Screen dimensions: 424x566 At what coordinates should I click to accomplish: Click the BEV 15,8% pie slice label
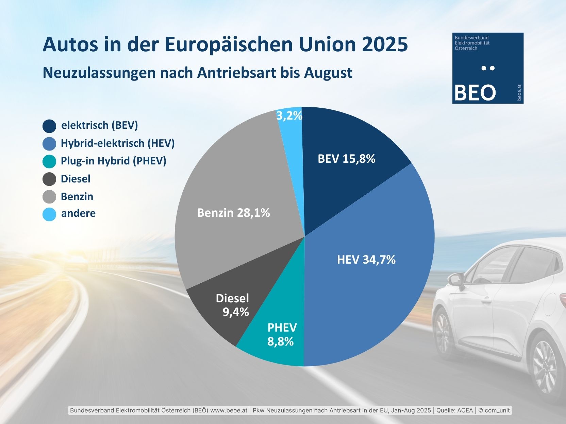[346, 159]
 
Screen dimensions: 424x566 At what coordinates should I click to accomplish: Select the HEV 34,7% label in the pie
[366, 260]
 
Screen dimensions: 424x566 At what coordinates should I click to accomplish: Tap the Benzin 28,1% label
[233, 213]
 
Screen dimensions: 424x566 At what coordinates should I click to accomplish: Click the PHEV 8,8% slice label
[282, 335]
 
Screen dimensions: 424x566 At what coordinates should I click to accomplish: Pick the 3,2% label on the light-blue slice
[289, 116]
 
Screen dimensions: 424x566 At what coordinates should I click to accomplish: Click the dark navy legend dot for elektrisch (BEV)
[49, 126]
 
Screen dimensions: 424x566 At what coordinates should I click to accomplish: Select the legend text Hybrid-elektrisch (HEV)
[117, 143]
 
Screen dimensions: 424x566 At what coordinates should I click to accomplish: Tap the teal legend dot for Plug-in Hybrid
[49, 161]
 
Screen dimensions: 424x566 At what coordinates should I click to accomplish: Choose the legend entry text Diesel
[76, 179]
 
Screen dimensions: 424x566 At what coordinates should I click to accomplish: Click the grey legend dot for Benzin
[49, 197]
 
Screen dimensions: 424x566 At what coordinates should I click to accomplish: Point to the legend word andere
[78, 213]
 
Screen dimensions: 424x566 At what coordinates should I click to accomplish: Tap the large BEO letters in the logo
[475, 92]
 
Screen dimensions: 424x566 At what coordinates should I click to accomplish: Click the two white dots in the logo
[488, 68]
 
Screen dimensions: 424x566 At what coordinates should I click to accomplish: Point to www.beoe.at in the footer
[229, 410]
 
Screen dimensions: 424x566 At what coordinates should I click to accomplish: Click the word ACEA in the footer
[465, 410]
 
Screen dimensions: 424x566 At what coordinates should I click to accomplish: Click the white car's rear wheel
[545, 367]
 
